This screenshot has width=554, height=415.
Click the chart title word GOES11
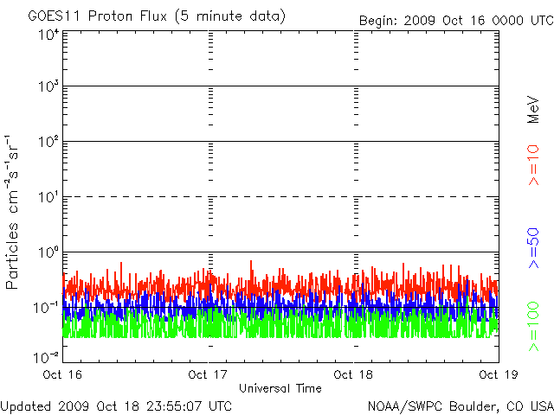click(x=55, y=16)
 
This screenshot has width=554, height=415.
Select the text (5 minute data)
click(x=230, y=16)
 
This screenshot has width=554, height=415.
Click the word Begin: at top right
click(x=378, y=21)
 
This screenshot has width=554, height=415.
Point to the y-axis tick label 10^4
click(x=49, y=35)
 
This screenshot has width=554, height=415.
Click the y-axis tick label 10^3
click(x=49, y=86)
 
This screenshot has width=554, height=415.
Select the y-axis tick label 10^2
click(x=49, y=142)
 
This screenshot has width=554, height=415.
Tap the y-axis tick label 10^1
click(x=49, y=197)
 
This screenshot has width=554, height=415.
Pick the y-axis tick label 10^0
click(x=49, y=252)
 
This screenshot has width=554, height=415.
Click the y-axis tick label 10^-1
click(x=47, y=308)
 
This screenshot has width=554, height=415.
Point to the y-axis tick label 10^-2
click(x=47, y=358)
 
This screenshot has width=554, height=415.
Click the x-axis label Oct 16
click(x=62, y=374)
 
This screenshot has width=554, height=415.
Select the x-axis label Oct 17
click(x=208, y=374)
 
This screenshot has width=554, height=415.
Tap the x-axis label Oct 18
click(x=353, y=374)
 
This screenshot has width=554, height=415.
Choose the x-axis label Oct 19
click(x=499, y=374)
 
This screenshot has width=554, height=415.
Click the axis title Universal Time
click(x=280, y=388)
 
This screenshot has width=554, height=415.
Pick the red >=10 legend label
click(x=533, y=165)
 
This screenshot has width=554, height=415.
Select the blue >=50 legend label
click(x=533, y=248)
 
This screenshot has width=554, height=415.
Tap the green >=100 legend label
click(x=533, y=327)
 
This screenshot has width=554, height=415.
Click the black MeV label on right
click(x=533, y=110)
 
